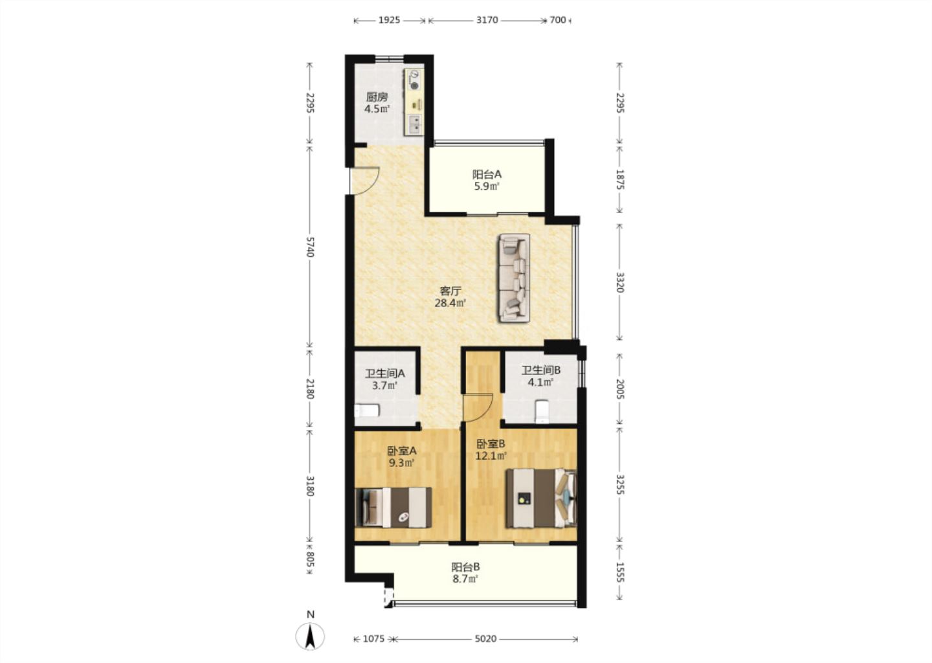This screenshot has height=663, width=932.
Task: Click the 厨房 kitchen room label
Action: click(377, 97)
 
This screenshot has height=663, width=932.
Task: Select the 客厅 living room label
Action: click(450, 291)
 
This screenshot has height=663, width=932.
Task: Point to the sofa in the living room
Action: click(515, 278)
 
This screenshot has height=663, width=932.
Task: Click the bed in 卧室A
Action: click(394, 508)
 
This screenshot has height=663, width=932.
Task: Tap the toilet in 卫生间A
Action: click(366, 410)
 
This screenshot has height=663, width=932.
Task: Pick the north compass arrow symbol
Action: click(310, 636)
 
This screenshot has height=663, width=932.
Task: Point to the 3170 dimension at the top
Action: click(487, 20)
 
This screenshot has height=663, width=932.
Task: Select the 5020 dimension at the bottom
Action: click(485, 638)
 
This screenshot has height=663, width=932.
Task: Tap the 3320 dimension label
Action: click(620, 282)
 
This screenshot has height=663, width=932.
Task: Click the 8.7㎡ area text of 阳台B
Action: click(465, 579)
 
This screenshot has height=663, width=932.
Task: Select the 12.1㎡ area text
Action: click(491, 456)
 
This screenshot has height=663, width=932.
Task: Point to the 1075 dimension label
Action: click(373, 638)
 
